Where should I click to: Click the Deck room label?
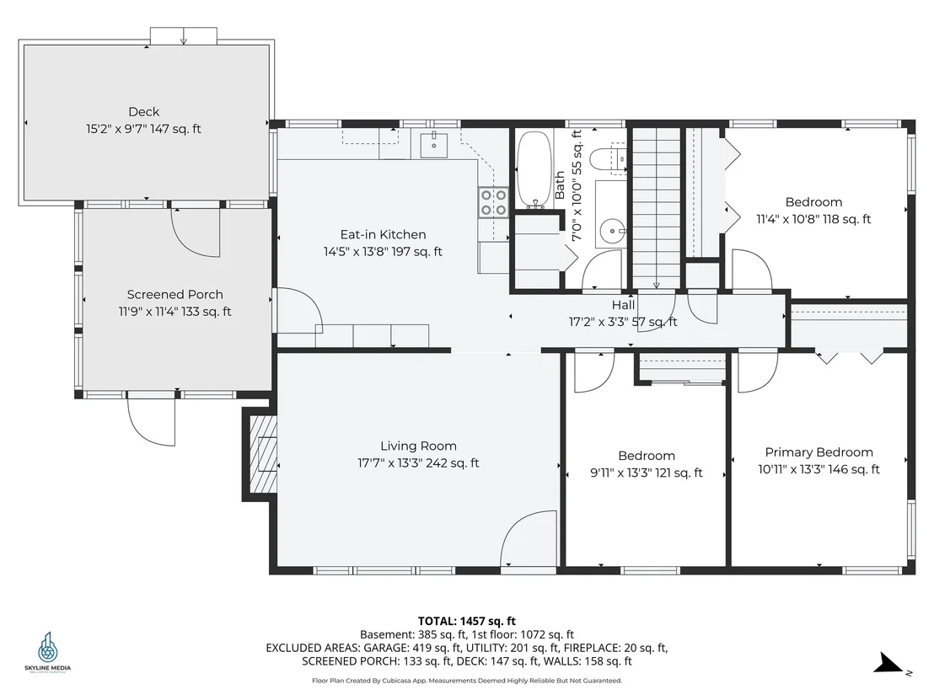[x=144, y=112]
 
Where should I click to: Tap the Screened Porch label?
[x=175, y=295]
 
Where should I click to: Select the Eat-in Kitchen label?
[x=383, y=234]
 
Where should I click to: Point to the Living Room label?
[x=419, y=446]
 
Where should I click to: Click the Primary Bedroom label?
[x=819, y=452]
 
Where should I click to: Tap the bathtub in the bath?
[x=534, y=169]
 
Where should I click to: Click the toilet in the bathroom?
[x=608, y=159]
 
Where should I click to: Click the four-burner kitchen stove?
[x=494, y=202]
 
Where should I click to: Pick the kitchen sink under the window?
[x=433, y=145]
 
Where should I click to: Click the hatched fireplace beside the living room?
[x=260, y=453]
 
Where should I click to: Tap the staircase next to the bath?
[x=656, y=208]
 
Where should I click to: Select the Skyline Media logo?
[x=48, y=651]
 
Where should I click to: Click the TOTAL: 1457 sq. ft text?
[x=467, y=622]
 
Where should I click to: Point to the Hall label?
[x=623, y=306]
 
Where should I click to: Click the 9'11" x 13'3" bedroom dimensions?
[x=647, y=473]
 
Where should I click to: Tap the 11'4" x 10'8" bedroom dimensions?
[x=813, y=220]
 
